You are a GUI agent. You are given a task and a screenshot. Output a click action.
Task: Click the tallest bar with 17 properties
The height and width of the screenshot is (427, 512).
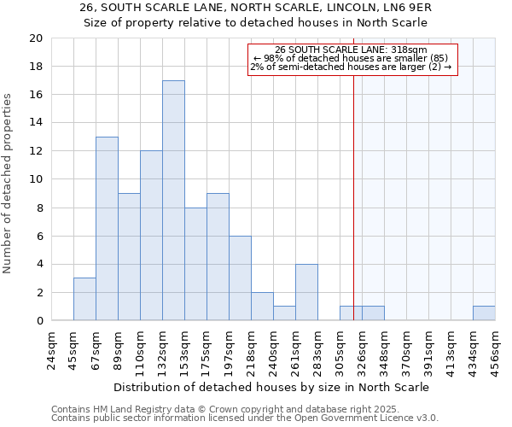173,201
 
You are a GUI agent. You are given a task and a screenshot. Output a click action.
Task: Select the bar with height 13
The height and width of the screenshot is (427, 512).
107,229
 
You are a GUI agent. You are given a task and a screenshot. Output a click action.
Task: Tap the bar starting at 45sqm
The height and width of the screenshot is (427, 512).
84,299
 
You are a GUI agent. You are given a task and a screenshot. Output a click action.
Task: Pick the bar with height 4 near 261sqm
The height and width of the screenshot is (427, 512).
306,292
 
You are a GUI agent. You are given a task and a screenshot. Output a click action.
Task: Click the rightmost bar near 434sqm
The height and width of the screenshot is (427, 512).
484,313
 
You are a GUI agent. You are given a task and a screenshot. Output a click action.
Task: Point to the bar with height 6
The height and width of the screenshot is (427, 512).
240,278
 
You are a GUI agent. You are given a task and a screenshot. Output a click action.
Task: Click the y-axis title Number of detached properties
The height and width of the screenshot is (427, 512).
9,184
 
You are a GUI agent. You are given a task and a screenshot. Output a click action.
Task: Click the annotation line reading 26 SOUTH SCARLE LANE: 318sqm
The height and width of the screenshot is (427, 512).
352,50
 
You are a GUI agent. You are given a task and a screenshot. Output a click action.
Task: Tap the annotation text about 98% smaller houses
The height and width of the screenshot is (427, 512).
352,58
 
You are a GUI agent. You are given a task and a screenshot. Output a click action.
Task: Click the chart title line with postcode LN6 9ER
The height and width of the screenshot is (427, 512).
256,7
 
